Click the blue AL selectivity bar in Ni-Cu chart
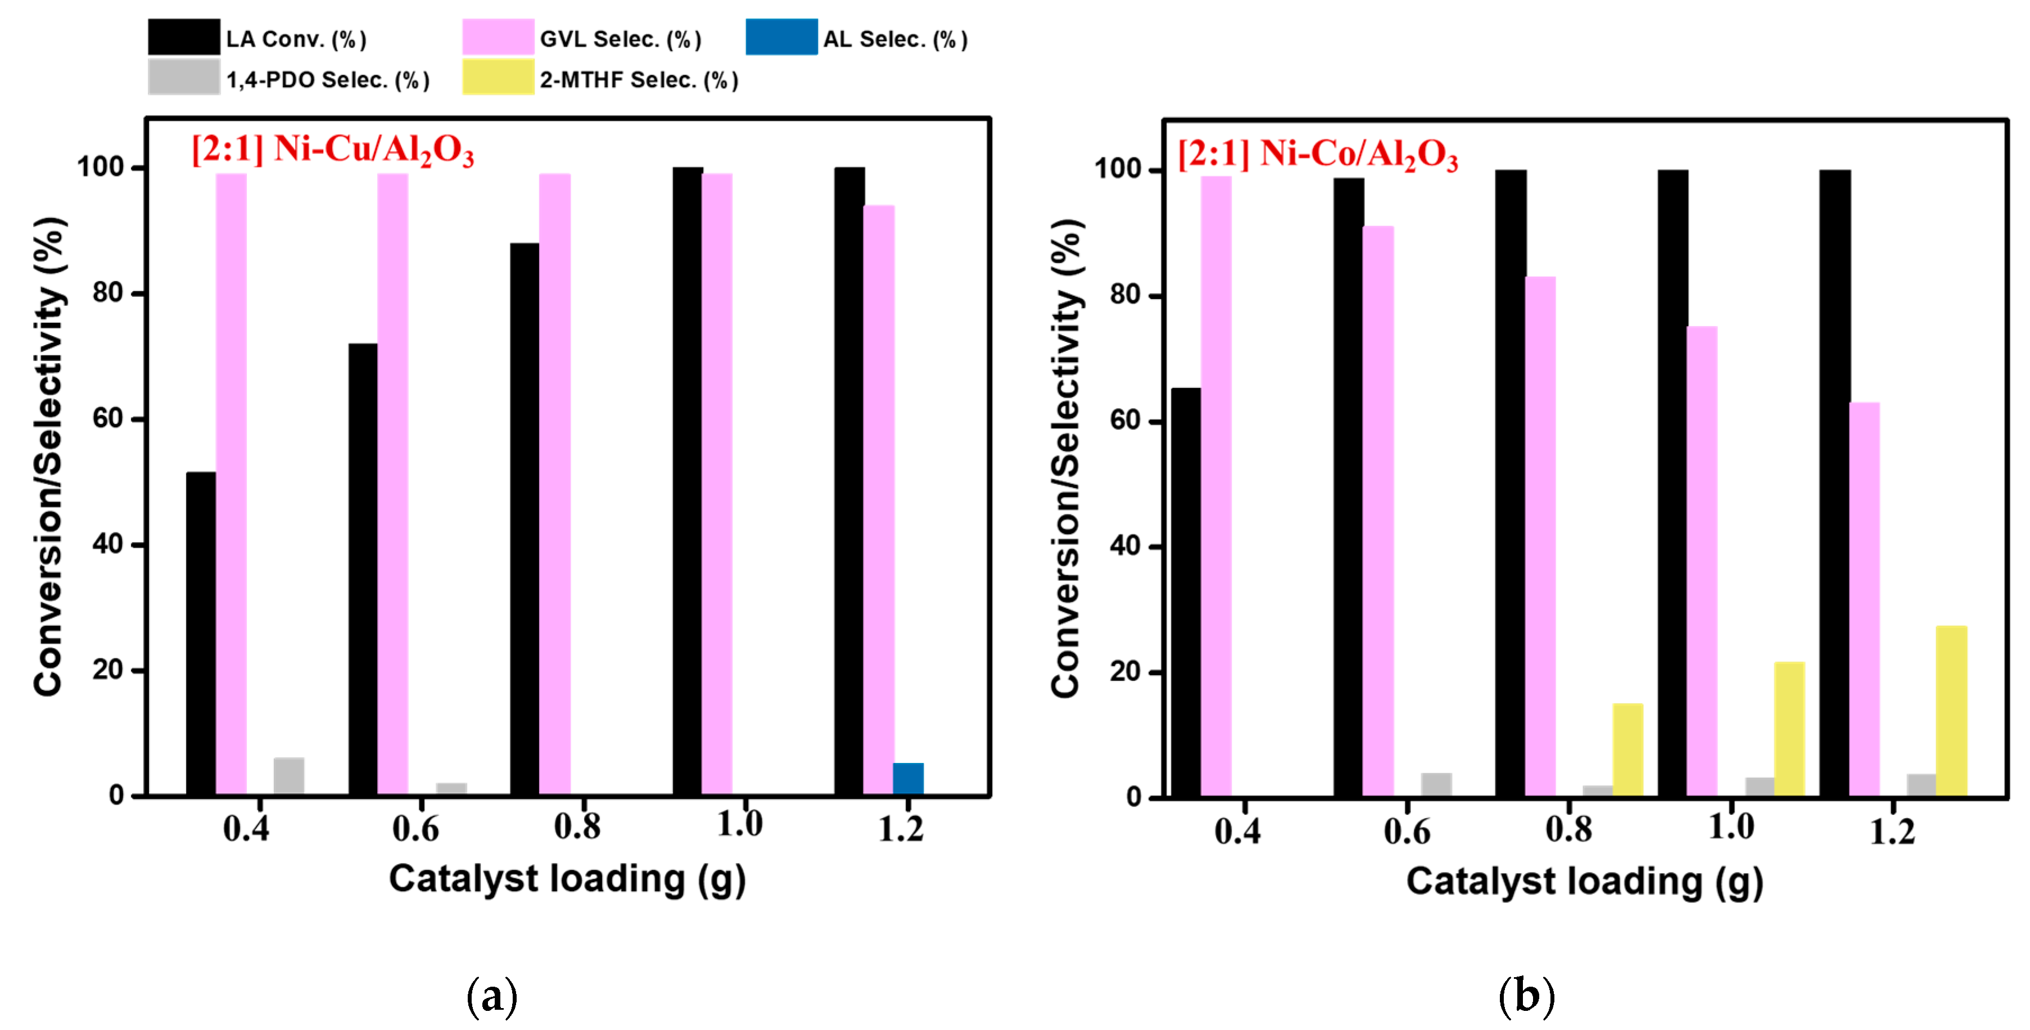[908, 779]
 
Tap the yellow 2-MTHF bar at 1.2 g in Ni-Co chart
[1951, 710]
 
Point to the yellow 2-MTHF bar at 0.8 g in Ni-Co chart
[1627, 749]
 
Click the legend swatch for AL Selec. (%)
[781, 37]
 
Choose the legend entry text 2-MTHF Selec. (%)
[638, 80]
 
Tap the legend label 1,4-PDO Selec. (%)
[328, 80]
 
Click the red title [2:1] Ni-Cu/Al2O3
[333, 149]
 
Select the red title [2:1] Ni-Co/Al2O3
[1318, 153]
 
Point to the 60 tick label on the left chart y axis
[107, 418]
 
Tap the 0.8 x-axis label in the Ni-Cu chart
[578, 826]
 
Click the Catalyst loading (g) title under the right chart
[1584, 882]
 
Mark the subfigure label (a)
[492, 996]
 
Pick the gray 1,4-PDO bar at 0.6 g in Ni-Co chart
[1436, 784]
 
